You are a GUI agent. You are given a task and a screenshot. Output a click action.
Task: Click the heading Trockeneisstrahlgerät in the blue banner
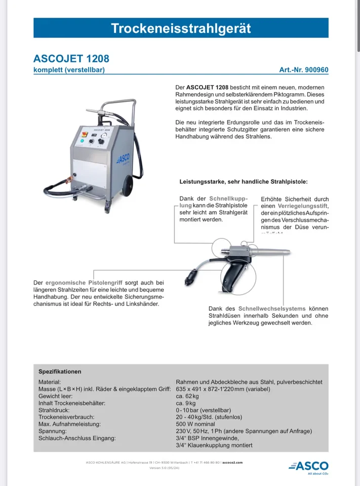coord(181,28)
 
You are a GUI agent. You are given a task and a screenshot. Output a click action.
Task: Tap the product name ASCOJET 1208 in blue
coord(71,59)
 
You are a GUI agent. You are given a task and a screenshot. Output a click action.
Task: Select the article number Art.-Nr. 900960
coord(303,70)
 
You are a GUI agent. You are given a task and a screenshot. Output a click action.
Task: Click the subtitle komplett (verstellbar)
coord(69,70)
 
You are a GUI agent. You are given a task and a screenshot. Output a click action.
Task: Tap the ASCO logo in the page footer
coord(308,466)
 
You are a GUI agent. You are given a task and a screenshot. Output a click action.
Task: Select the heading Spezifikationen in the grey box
coord(60,371)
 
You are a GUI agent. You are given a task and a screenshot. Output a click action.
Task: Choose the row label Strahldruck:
coord(55,410)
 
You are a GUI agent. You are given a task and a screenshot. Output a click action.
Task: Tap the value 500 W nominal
coord(195,424)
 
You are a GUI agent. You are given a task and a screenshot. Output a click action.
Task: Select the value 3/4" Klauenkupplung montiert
coord(214,445)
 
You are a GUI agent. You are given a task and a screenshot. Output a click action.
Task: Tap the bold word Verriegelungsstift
coord(303,206)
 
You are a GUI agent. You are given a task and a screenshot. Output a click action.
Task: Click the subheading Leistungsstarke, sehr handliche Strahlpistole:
coord(243,181)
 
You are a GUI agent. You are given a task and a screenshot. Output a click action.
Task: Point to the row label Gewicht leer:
coord(55,396)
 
